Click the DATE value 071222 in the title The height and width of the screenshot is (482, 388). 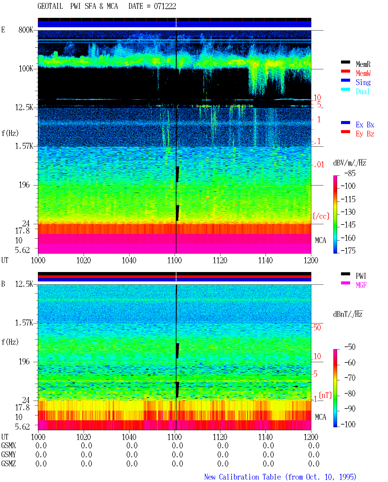pos(165,6)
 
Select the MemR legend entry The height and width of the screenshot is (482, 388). pos(363,64)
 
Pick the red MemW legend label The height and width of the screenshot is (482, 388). pos(363,73)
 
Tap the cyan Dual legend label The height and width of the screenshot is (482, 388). pos(363,91)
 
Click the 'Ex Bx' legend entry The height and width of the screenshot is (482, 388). pos(365,125)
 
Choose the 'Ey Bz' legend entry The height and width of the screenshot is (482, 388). pos(365,134)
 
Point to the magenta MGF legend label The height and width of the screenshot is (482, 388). pos(361,285)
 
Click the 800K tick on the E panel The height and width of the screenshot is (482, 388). pos(26,30)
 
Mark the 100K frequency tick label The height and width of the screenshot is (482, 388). pos(26,69)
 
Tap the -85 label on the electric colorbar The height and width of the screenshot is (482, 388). pos(350,173)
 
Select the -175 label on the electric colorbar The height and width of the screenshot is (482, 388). pos(348,251)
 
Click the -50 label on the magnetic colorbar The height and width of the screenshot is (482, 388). pos(350,347)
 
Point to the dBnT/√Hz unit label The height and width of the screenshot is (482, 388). pos(348,314)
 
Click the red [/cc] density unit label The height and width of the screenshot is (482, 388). pos(321,216)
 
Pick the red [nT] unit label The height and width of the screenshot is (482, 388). pos(325,395)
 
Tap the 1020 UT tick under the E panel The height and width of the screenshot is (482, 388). pos(83,261)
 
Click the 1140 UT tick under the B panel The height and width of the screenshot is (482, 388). pos(266,437)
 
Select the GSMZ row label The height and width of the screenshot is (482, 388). pos(8,464)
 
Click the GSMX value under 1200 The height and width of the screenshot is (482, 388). pos(314,446)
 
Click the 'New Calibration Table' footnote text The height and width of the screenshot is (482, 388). pos(242,477)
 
